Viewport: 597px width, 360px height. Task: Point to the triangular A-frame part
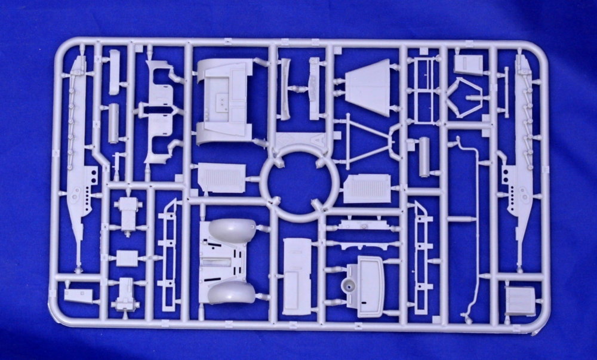pos(365,139)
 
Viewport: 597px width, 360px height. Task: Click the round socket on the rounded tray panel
pos(346,287)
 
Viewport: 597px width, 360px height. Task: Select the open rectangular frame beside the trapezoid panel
pos(423,90)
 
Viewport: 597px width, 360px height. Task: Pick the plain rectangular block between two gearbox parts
pos(127,258)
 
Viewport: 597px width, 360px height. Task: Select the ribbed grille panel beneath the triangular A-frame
pos(367,189)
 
